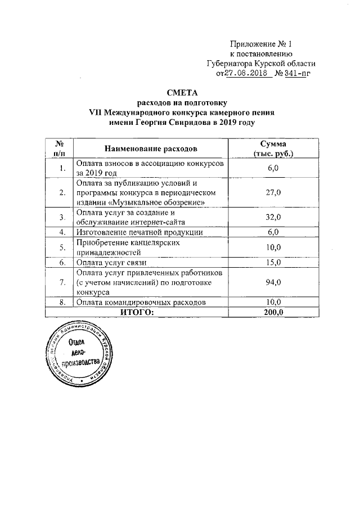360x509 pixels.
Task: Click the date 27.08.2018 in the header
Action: pos(244,73)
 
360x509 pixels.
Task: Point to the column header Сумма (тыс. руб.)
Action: pos(274,148)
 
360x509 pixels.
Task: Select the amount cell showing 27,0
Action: pos(273,192)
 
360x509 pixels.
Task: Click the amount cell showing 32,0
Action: pos(273,217)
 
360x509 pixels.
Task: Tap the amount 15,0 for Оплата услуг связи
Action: pos(273,262)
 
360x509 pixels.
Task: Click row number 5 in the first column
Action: pos(61,247)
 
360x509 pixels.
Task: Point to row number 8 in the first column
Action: pos(61,303)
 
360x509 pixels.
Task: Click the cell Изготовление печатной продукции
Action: pos(139,232)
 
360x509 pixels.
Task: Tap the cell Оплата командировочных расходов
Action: pos(140,303)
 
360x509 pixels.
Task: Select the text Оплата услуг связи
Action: pos(111,262)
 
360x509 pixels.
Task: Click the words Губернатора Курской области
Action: pos(262,64)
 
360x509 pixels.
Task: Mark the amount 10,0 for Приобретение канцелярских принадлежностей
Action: pos(273,247)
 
